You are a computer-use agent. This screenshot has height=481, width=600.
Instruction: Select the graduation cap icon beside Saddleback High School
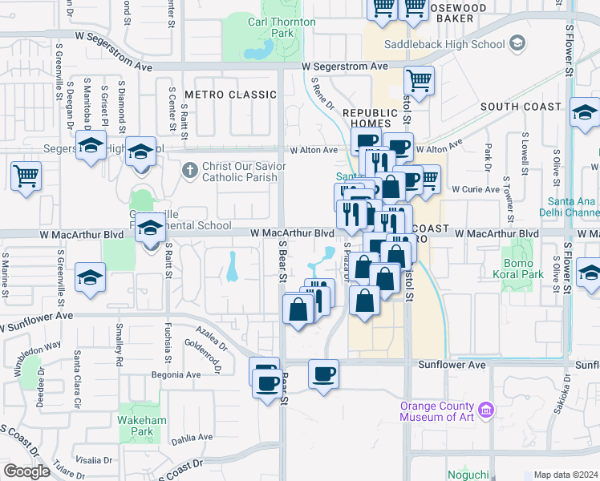pos(517,42)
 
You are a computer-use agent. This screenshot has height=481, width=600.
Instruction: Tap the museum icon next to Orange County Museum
pos(486,412)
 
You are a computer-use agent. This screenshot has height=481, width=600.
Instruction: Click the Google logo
pos(26,471)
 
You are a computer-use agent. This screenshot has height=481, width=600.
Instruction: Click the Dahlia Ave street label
pos(191,438)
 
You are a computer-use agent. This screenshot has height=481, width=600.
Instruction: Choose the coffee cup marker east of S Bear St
pos(323,374)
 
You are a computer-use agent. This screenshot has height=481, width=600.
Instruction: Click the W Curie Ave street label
pos(476,189)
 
